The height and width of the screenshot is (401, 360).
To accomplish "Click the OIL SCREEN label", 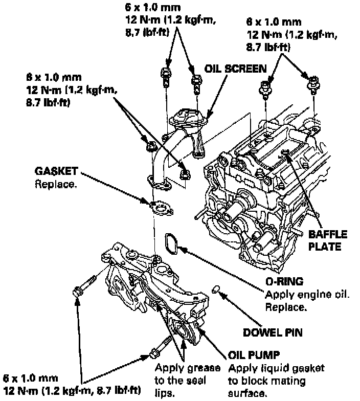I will coord(236,69).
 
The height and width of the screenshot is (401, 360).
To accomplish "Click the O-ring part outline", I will coord(172,244).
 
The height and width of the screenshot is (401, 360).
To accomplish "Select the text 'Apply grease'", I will coord(187,368).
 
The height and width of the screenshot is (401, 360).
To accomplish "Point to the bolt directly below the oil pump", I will coord(159,348).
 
